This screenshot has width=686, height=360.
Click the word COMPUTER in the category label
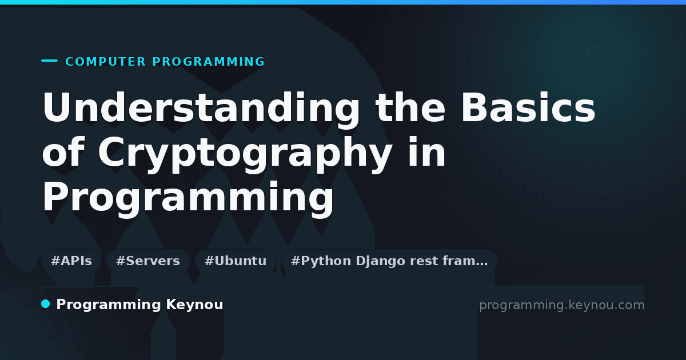105,62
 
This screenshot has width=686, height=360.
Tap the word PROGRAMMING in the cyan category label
208,62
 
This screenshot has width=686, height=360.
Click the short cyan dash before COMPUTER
49,61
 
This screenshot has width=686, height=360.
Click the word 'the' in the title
410,107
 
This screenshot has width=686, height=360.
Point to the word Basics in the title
528,107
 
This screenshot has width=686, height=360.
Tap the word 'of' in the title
63,151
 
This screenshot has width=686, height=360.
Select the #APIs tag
71,261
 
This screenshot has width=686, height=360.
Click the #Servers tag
148,261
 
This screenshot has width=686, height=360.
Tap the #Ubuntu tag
236,261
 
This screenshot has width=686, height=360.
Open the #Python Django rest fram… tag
389,261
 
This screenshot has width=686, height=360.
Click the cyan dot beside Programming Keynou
46,304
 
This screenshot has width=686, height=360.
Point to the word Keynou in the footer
194,305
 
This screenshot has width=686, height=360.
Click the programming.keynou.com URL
562,305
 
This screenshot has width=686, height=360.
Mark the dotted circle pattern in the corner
592,58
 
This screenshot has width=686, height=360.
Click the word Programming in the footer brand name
109,305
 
